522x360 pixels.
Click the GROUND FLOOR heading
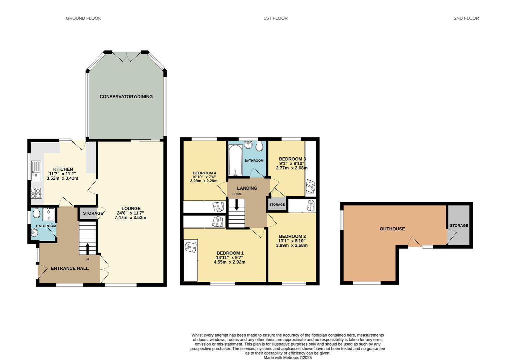point(83,18)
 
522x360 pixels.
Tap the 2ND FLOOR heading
point(466,18)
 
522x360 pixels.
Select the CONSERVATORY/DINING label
point(126,97)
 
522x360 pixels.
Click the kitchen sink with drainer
point(36,171)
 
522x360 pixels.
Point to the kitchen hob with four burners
point(36,193)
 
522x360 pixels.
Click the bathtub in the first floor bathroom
point(236,160)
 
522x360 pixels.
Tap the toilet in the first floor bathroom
point(259,146)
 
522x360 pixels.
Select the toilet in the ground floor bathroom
point(36,212)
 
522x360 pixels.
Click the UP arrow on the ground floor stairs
point(88,249)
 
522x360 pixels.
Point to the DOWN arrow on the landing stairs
point(236,205)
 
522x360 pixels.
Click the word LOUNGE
point(131,208)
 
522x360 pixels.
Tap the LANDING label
point(247,188)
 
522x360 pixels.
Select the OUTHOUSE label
point(392,229)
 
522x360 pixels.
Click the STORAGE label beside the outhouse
point(459,225)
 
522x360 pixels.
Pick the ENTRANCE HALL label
point(70,268)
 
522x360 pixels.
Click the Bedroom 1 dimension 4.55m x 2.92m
point(230,262)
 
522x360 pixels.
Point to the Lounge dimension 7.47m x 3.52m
point(131,217)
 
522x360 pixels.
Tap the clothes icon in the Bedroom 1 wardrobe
point(191,247)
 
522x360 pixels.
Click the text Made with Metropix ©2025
point(287,357)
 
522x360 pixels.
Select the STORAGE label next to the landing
point(277,204)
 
